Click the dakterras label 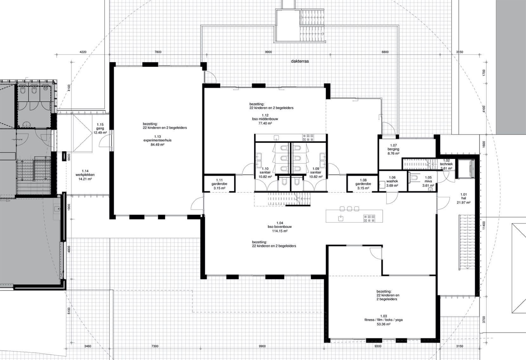pos(300,61)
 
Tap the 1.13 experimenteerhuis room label pos(157,141)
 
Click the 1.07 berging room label pos(393,149)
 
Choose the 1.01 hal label pos(464,198)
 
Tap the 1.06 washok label pos(392,181)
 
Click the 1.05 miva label pos(428,181)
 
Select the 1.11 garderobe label pos(219,184)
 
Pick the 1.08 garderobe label pos(363,184)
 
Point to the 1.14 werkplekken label pos(85,175)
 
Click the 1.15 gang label pos(100,128)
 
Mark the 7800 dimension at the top pos(158,52)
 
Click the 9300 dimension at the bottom pos(378,346)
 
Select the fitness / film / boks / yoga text pos(383,320)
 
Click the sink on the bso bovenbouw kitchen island pos(341,218)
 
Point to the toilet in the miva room pos(414,177)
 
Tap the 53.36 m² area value pos(383,324)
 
